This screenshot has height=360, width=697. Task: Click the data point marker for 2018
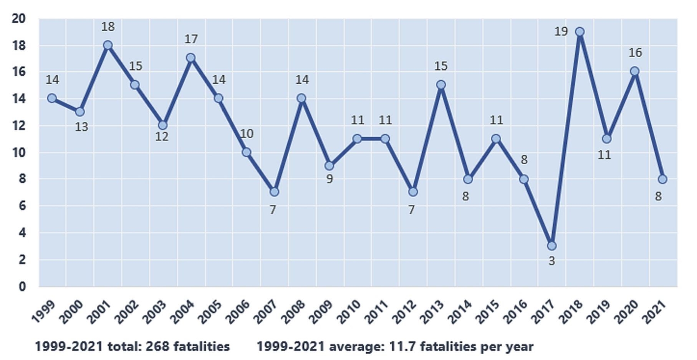(580, 32)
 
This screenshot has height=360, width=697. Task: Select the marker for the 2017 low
(551, 246)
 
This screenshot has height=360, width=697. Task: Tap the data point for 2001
(108, 45)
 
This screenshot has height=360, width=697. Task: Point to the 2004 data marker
(190, 58)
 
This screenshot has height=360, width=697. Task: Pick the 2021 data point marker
(662, 179)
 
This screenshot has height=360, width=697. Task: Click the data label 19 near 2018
(561, 31)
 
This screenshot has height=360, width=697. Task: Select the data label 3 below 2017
(552, 261)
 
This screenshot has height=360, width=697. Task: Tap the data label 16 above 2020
(635, 53)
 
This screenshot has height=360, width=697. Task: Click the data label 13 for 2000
(81, 127)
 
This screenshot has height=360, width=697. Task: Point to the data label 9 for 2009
(329, 179)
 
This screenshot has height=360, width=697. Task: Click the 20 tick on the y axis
(18, 18)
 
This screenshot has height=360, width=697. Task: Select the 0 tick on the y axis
(22, 286)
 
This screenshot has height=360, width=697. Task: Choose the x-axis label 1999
(43, 311)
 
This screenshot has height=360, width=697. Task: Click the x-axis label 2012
(406, 311)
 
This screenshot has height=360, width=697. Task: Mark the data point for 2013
(441, 85)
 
